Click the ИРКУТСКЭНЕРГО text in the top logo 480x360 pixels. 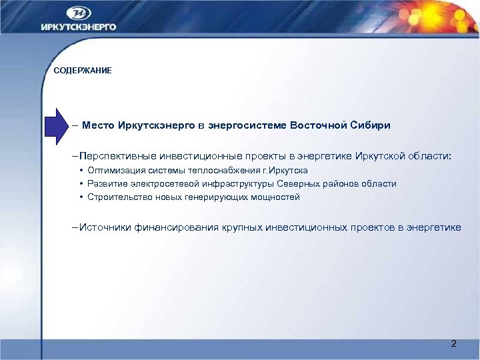78,27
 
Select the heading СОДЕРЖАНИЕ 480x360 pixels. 83,71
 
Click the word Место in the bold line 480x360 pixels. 98,125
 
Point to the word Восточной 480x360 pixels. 318,125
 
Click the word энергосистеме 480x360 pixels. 251,125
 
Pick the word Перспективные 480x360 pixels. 118,155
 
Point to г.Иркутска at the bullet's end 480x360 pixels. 283,171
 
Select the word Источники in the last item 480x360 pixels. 105,227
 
